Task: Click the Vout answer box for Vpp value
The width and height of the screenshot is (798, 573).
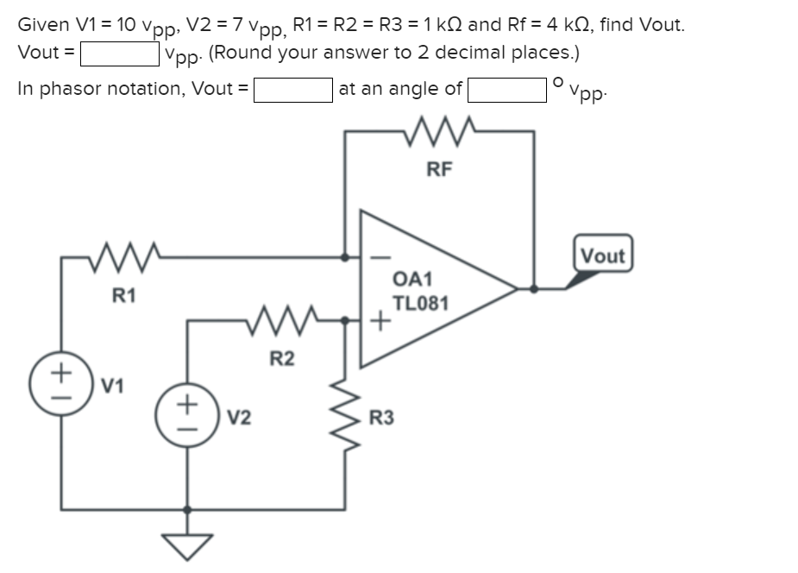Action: click(119, 54)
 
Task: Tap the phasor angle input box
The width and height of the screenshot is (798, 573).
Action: click(506, 89)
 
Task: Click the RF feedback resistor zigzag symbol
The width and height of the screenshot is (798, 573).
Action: click(438, 133)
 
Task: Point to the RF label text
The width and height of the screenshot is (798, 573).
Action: click(438, 169)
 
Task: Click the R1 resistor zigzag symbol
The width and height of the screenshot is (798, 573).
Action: click(123, 257)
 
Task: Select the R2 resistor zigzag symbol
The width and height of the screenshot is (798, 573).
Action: click(282, 321)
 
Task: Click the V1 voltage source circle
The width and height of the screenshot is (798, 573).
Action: click(61, 381)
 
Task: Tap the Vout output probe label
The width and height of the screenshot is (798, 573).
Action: click(602, 255)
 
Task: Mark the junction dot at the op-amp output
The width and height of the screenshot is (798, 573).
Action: click(535, 289)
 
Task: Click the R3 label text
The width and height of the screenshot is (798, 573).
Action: click(381, 419)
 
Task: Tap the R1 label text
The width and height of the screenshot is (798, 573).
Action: click(123, 296)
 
